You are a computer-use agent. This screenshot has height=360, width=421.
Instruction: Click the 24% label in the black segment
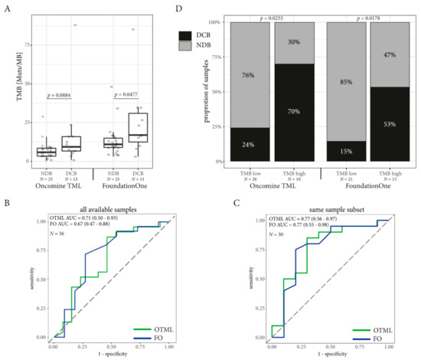[x=247, y=144]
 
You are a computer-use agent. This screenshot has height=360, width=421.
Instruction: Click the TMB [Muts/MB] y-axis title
[x=7, y=84]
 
